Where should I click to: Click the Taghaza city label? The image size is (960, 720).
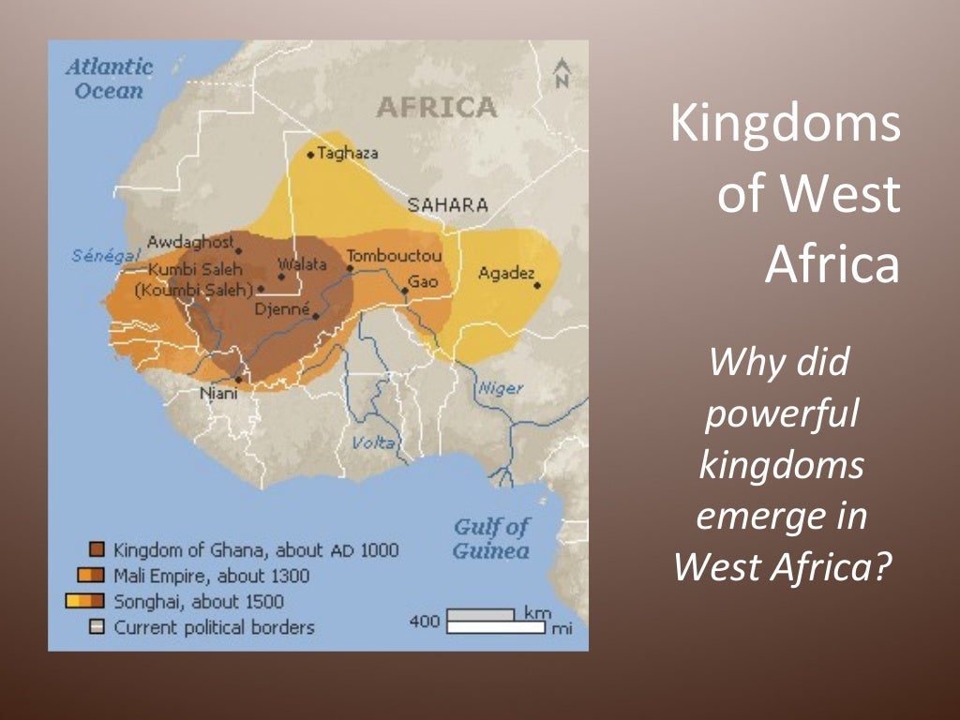coord(347,153)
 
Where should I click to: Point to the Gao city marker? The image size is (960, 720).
coord(405,291)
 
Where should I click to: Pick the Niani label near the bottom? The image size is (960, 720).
coord(220,394)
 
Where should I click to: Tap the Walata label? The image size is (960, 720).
coord(302,264)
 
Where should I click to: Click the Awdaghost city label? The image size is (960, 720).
coord(189,242)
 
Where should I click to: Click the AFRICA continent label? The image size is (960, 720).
coord(436,108)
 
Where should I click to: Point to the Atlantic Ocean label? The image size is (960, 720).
coord(109,79)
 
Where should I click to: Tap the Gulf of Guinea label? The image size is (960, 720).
coord(491,538)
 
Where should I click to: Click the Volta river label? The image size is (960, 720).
coord(373,442)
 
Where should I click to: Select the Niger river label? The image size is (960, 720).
coord(501,388)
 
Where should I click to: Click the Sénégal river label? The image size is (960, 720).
coord(105,256)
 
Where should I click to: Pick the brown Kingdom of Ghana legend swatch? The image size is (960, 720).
coord(96,549)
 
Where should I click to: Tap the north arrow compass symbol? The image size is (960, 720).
coord(562,73)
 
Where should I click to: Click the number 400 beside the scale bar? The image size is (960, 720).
coord(425,621)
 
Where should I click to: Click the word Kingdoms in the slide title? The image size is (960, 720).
coord(785,126)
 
